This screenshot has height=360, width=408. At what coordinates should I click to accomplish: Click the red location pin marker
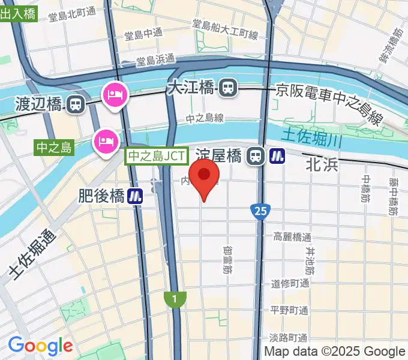tap(206, 179)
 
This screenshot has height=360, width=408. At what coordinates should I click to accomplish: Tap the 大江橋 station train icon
tap(227, 89)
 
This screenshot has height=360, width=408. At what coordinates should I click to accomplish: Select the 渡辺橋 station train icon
tap(76, 105)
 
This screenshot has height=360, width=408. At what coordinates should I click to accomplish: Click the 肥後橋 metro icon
tap(135, 196)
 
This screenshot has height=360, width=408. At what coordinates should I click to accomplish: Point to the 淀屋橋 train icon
tap(256, 157)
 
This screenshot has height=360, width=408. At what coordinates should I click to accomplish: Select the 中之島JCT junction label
tap(153, 157)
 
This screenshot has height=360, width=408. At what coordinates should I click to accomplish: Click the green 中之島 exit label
tap(54, 147)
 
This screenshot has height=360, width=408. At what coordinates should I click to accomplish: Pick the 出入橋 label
tap(18, 14)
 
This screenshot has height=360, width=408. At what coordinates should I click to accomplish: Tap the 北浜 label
tap(323, 163)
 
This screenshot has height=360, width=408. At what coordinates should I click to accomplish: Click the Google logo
tap(40, 346)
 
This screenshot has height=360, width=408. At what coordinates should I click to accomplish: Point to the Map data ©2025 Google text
tap(335, 352)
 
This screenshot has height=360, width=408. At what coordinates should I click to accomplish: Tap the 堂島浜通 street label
tap(155, 60)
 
